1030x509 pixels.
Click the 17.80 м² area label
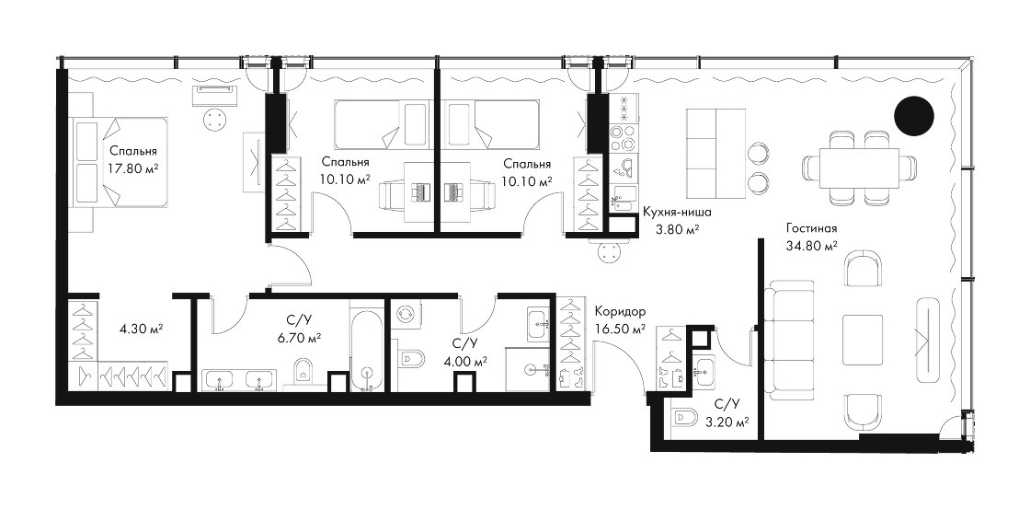tap(133, 168)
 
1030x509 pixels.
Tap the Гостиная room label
tap(810, 229)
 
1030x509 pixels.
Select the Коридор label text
tap(620, 311)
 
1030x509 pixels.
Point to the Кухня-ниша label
tap(677, 213)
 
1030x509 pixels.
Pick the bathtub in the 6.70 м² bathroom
tap(365, 347)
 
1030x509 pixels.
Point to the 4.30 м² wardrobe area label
tap(141, 328)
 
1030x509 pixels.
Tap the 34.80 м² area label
tap(810, 246)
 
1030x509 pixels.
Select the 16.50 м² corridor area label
tap(620, 329)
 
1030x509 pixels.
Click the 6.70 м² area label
tap(299, 338)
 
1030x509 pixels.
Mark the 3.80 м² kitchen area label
tap(677, 229)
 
